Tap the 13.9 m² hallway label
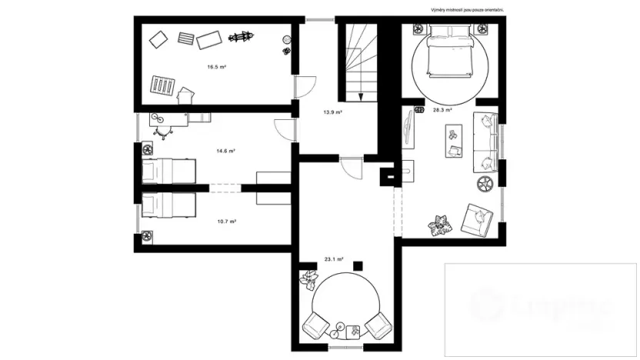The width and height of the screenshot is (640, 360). click(332, 112)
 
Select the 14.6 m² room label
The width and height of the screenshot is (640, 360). click(225, 151)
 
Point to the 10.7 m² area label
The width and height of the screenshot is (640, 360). click(226, 222)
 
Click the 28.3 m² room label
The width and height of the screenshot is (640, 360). click(442, 110)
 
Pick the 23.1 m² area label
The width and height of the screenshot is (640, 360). click(334, 260)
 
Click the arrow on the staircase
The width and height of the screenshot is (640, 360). click(361, 95)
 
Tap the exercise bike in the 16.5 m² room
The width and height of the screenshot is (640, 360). click(241, 36)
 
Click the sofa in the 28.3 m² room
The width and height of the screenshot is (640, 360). click(486, 141)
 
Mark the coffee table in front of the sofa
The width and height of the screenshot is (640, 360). click(452, 142)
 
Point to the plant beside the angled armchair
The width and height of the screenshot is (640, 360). click(441, 224)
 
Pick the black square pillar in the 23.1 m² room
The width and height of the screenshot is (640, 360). click(357, 265)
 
